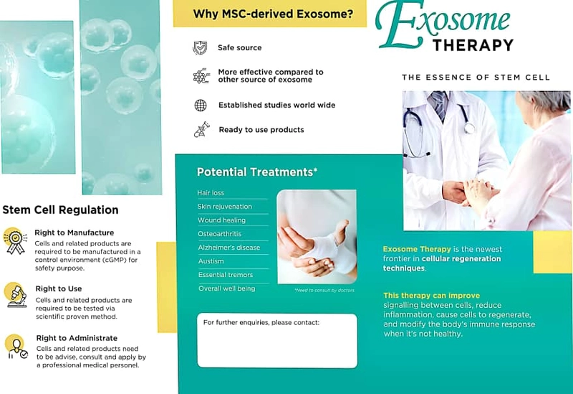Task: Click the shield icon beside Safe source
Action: coord(200,47)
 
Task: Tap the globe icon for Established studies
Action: coord(201,105)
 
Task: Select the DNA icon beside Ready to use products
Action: coord(202,130)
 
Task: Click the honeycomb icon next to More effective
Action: coord(201,76)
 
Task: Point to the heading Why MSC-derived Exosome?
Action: coord(273,14)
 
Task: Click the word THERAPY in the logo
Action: coord(473,45)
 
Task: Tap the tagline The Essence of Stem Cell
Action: coord(476,78)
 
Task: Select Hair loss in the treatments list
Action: coord(211,192)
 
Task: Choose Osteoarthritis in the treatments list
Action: coord(220,234)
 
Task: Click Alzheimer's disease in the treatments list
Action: coord(229,248)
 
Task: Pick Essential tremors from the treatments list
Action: coord(226,275)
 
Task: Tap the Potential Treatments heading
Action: coord(257,172)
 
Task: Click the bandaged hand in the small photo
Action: coord(322,249)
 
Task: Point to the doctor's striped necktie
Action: coord(439,104)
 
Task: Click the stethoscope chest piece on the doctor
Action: coord(470,128)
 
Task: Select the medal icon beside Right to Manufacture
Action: coord(15,241)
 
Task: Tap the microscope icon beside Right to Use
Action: coord(16,295)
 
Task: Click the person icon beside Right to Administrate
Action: coord(16,347)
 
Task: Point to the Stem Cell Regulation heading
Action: coord(60,210)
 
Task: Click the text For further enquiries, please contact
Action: coord(261,323)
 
